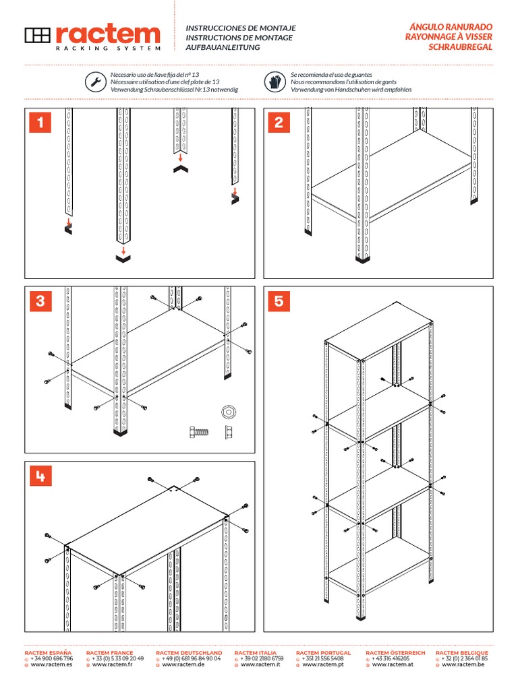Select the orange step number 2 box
(x=279, y=123)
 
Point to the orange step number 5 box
(x=279, y=301)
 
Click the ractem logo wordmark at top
(x=108, y=35)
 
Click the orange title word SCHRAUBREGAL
(x=461, y=48)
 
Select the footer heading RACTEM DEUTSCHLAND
(x=189, y=653)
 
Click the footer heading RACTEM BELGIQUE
(x=462, y=653)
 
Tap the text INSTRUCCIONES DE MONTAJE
(x=241, y=28)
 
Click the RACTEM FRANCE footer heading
(x=110, y=653)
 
